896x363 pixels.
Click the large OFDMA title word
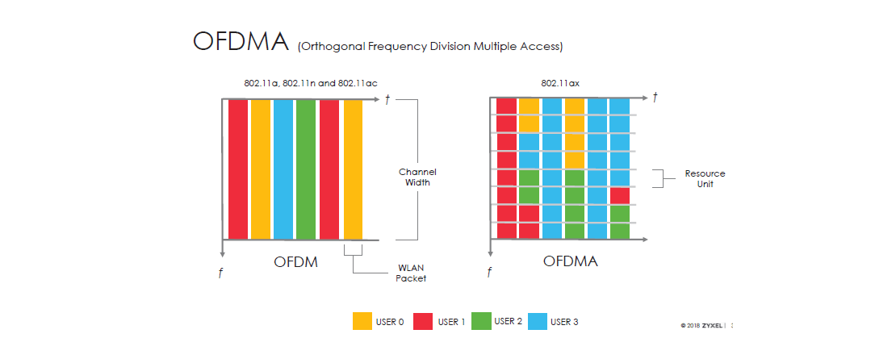click(x=241, y=42)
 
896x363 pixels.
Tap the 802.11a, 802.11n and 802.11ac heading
click(x=311, y=83)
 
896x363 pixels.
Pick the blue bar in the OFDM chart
click(x=283, y=169)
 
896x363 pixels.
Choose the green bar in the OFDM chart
click(x=306, y=169)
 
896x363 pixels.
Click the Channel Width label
click(x=417, y=177)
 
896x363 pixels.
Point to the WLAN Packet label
click(x=412, y=273)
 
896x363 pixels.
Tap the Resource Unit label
click(x=705, y=178)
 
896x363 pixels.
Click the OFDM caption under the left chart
click(x=295, y=262)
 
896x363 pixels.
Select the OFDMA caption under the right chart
click(x=570, y=262)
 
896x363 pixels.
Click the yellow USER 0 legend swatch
click(x=362, y=321)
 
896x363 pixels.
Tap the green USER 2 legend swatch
click(x=482, y=321)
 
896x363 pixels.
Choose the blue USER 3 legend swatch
click(x=538, y=321)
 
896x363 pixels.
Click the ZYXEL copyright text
click(x=703, y=326)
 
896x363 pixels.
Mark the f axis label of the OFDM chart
click(x=220, y=273)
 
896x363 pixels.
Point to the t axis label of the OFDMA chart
click(x=655, y=98)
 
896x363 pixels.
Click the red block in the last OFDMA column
click(x=619, y=196)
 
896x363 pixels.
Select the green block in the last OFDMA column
click(x=619, y=222)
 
